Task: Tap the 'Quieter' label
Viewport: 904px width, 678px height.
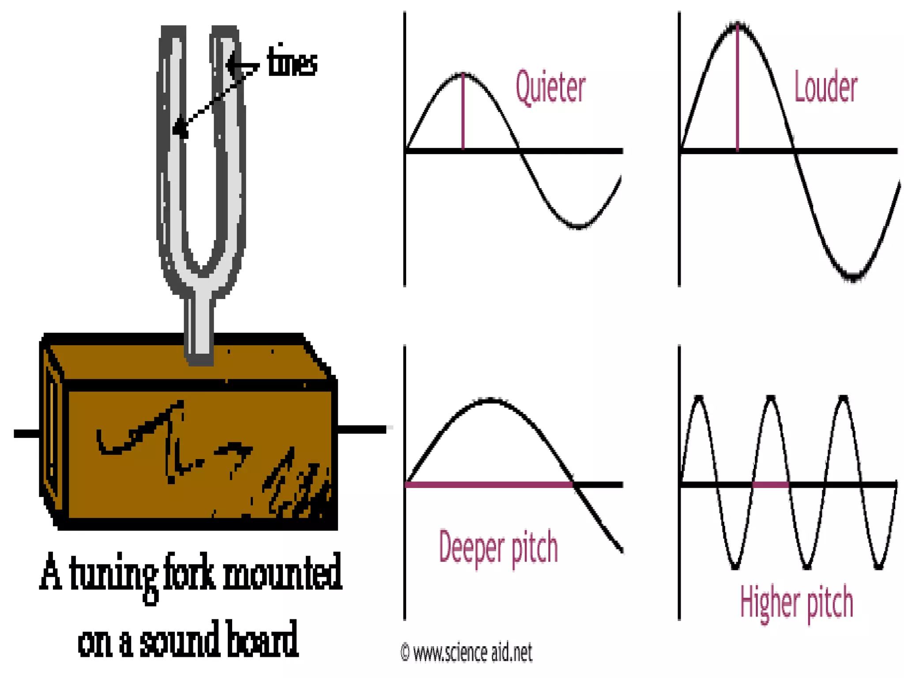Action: tap(550, 87)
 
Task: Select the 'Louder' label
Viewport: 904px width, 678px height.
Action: tap(825, 87)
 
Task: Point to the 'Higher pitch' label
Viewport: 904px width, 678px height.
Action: tap(796, 602)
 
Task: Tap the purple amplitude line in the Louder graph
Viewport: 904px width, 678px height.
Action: tap(737, 88)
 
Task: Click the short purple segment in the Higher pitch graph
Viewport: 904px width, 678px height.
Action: tap(770, 485)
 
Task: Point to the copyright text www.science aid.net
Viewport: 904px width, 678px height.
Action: tap(467, 652)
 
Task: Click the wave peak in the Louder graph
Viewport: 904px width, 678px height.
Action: tap(738, 25)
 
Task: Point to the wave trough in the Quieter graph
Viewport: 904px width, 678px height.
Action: tap(578, 226)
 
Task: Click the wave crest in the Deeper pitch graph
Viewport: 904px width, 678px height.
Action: tap(490, 400)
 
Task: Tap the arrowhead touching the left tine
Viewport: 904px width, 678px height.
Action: tap(179, 128)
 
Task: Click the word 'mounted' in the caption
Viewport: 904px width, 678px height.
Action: tap(282, 574)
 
